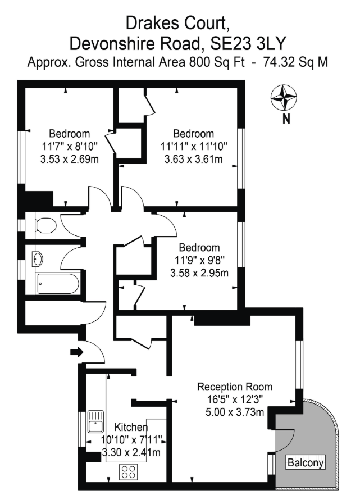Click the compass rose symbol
pos(284,98)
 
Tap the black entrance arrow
pos(77,352)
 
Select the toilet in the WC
pos(45,225)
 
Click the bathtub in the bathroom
pos(58,284)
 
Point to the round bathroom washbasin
pos(38,259)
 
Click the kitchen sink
pos(95,421)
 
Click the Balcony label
pos(306,463)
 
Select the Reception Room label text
pos(235,387)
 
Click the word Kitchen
pos(131,427)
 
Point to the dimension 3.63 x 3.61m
pos(193,159)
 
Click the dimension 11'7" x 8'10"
pos(70,146)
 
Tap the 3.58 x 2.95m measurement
pos(199,273)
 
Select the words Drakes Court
pos(177,24)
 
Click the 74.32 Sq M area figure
pos(295,62)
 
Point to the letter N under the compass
pos(286,119)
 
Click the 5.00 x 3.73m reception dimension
pos(235,412)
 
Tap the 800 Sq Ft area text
pos(217,62)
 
